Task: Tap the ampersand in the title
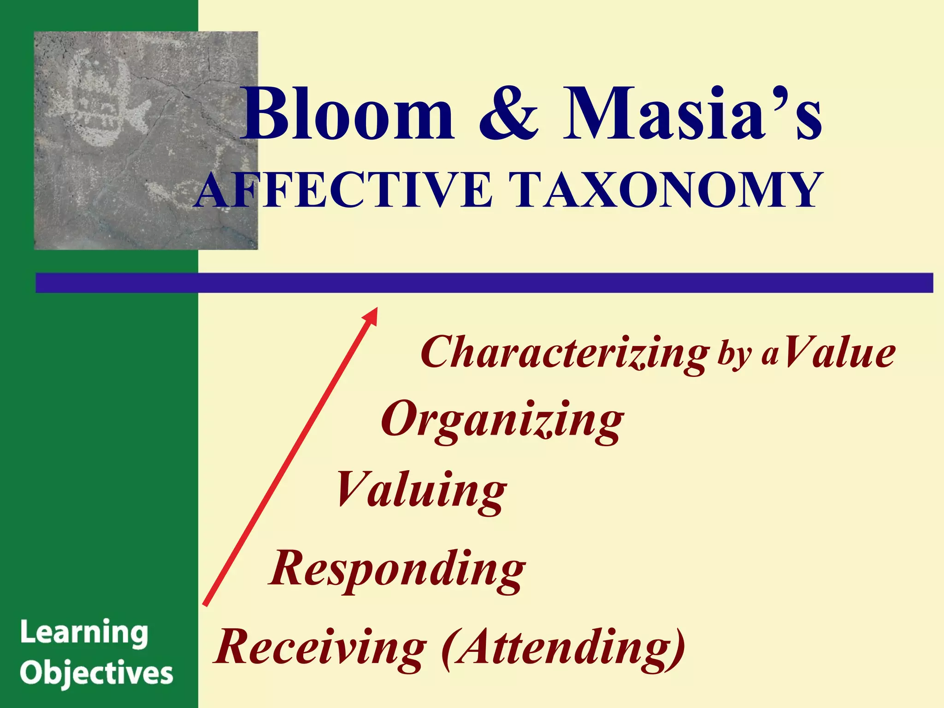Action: (508, 115)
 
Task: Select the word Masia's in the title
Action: (691, 115)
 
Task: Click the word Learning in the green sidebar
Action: (84, 633)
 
